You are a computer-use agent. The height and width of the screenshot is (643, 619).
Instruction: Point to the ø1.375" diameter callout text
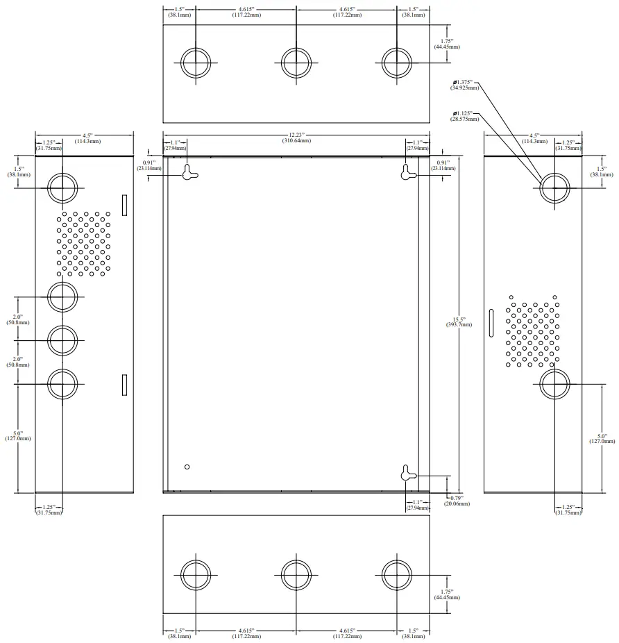[464, 85]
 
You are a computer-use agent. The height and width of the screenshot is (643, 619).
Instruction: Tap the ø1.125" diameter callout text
[464, 116]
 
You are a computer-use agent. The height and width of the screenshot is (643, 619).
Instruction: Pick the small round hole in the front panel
[187, 466]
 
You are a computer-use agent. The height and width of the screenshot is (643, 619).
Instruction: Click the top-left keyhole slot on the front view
[189, 173]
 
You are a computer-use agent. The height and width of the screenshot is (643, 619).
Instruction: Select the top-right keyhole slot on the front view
[409, 173]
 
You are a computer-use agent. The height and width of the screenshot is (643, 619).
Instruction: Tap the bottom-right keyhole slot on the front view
[409, 474]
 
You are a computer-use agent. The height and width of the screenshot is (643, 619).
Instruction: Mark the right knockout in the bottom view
[397, 576]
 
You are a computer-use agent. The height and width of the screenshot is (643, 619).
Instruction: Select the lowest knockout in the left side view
[62, 383]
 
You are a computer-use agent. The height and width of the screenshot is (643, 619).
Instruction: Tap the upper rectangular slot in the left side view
[125, 205]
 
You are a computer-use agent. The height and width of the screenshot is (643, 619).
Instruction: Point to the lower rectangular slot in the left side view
[125, 384]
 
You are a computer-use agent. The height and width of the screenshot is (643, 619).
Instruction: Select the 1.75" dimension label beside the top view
[447, 44]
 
